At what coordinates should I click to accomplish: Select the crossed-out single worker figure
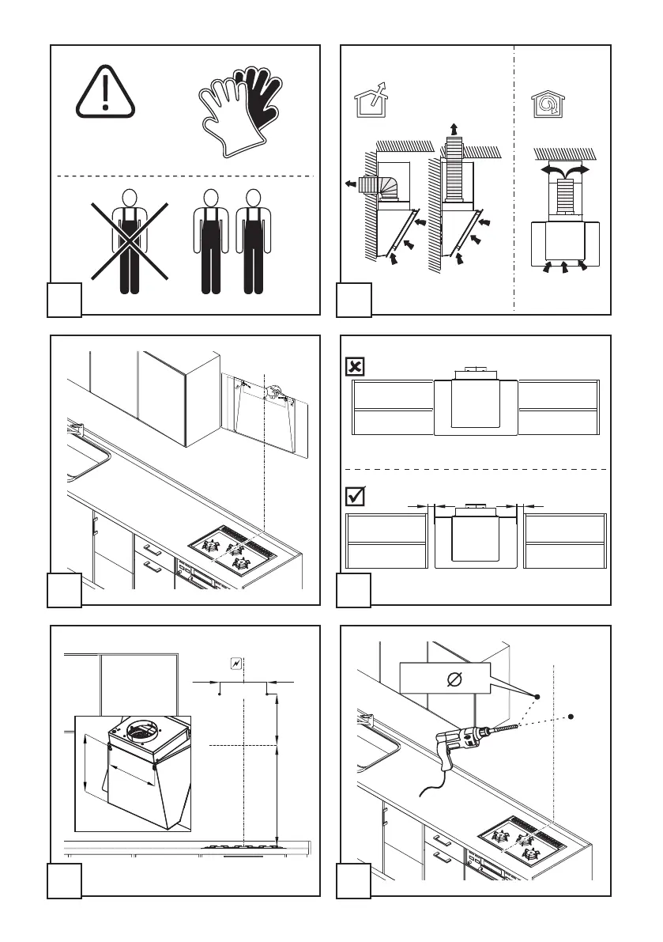(130, 240)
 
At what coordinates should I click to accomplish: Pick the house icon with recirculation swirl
(548, 103)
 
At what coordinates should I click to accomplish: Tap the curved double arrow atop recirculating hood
(563, 168)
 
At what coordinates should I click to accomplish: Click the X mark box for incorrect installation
(356, 366)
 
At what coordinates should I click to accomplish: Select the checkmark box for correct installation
(356, 497)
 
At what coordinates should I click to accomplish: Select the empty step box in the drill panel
(354, 880)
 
